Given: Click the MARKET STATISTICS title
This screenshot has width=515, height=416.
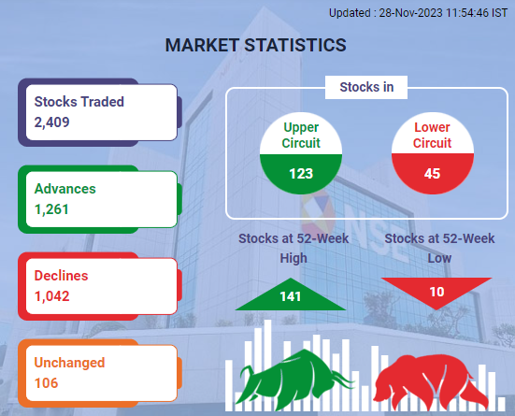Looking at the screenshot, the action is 255,45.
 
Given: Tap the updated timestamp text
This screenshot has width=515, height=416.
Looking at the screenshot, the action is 418,13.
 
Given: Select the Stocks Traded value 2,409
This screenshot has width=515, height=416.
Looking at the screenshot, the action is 52,122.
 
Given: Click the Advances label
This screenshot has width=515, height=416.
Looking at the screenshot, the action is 65,189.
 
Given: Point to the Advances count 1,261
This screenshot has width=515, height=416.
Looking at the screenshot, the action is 51,209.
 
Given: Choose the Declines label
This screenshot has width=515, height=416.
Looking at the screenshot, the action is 61,276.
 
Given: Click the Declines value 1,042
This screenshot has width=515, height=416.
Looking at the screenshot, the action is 52,296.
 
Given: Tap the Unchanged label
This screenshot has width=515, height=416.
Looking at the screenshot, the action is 69,363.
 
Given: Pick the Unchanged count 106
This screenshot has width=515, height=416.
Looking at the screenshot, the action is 46,383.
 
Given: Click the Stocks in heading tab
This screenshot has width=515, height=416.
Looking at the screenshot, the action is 366,87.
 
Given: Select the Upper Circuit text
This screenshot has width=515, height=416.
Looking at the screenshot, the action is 301,135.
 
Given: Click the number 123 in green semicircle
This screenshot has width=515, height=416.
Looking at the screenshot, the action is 301,174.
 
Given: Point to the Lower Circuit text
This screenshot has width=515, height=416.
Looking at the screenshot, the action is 432,135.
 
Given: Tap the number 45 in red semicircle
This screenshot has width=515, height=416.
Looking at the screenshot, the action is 432,174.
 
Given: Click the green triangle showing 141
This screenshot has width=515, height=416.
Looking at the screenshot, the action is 291,296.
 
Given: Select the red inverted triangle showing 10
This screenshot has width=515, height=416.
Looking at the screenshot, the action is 436,290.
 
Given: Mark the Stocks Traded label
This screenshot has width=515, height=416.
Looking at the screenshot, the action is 79,102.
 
